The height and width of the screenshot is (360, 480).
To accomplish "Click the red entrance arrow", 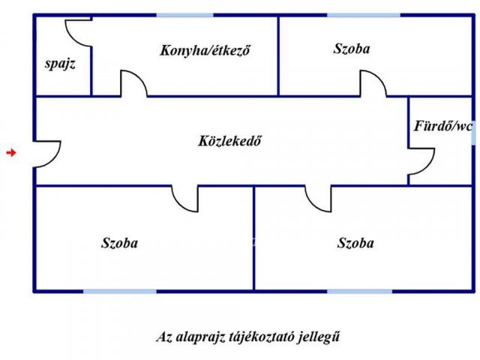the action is pyautogui.click(x=11, y=152).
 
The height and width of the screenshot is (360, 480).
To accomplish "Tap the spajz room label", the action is pyautogui.click(x=60, y=64).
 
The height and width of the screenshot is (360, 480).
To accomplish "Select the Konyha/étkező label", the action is pyautogui.click(x=205, y=50).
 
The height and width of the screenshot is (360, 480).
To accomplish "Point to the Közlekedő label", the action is pyautogui.click(x=229, y=141).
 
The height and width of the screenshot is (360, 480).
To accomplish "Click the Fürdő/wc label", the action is pyautogui.click(x=443, y=126).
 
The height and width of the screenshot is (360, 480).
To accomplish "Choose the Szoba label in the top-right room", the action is pyautogui.click(x=352, y=49).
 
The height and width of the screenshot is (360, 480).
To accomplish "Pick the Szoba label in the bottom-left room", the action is pyautogui.click(x=119, y=243).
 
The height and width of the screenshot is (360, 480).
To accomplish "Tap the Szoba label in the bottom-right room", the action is pyautogui.click(x=355, y=243).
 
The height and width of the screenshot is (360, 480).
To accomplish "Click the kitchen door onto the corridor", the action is pyautogui.click(x=142, y=79).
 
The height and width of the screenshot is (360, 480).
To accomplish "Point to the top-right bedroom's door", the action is pyautogui.click(x=380, y=79).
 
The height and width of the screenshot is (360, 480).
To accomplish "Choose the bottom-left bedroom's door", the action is pyautogui.click(x=178, y=202).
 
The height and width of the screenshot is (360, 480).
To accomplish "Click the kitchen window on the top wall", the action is pyautogui.click(x=185, y=15).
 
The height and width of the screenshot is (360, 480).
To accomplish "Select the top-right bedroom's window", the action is pyautogui.click(x=364, y=15).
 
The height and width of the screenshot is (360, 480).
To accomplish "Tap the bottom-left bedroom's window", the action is pyautogui.click(x=120, y=291).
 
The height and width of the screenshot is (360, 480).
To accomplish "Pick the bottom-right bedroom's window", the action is pyautogui.click(x=360, y=291).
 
